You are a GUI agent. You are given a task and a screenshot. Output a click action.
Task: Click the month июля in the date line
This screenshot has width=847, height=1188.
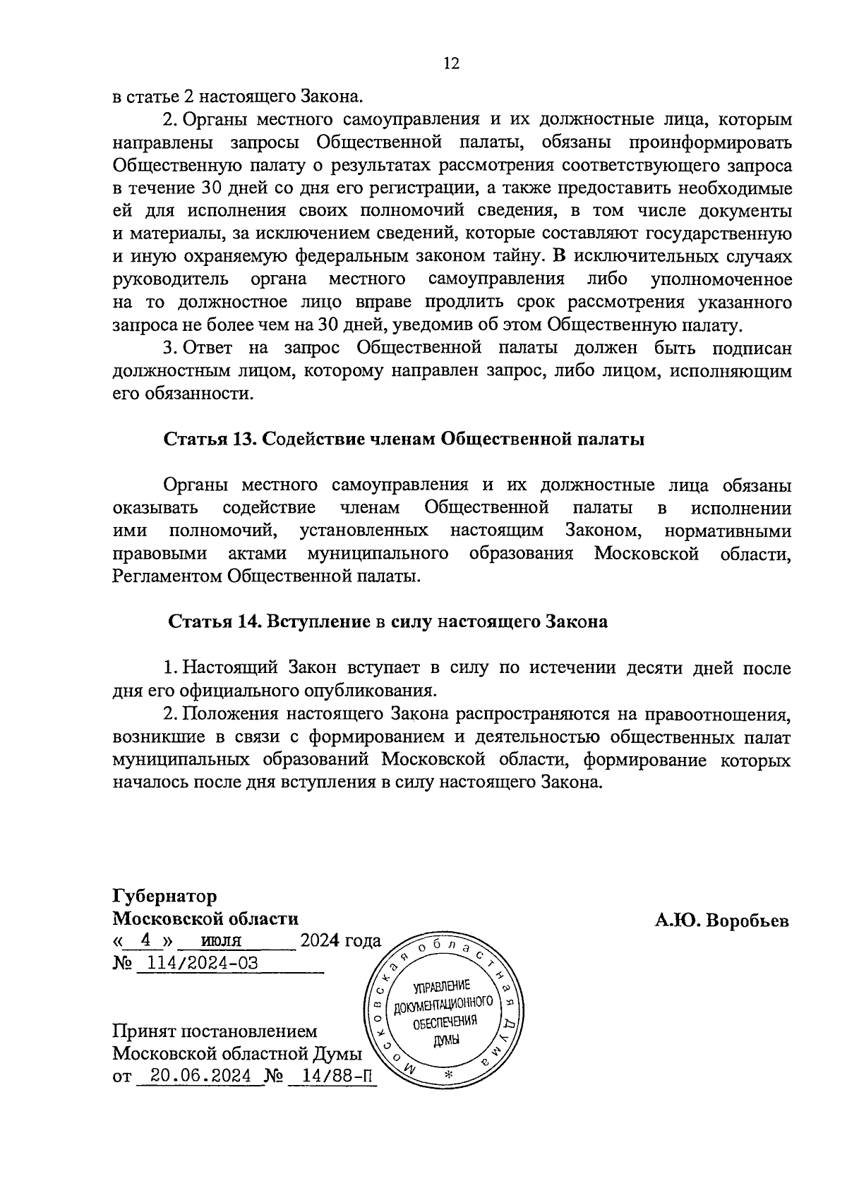[221, 940]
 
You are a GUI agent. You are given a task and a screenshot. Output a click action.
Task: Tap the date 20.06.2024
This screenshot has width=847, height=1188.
[198, 1077]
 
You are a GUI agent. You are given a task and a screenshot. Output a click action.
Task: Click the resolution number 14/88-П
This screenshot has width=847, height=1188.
[332, 1077]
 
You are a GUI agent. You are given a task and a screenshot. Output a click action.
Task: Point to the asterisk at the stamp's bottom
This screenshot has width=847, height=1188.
[447, 1075]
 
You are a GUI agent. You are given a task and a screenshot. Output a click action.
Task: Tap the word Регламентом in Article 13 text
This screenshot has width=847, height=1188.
[167, 576]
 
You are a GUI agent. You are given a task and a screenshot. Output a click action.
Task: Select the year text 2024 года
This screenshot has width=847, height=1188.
[340, 940]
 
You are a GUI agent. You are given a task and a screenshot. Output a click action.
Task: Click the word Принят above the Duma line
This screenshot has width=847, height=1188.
[144, 1031]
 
